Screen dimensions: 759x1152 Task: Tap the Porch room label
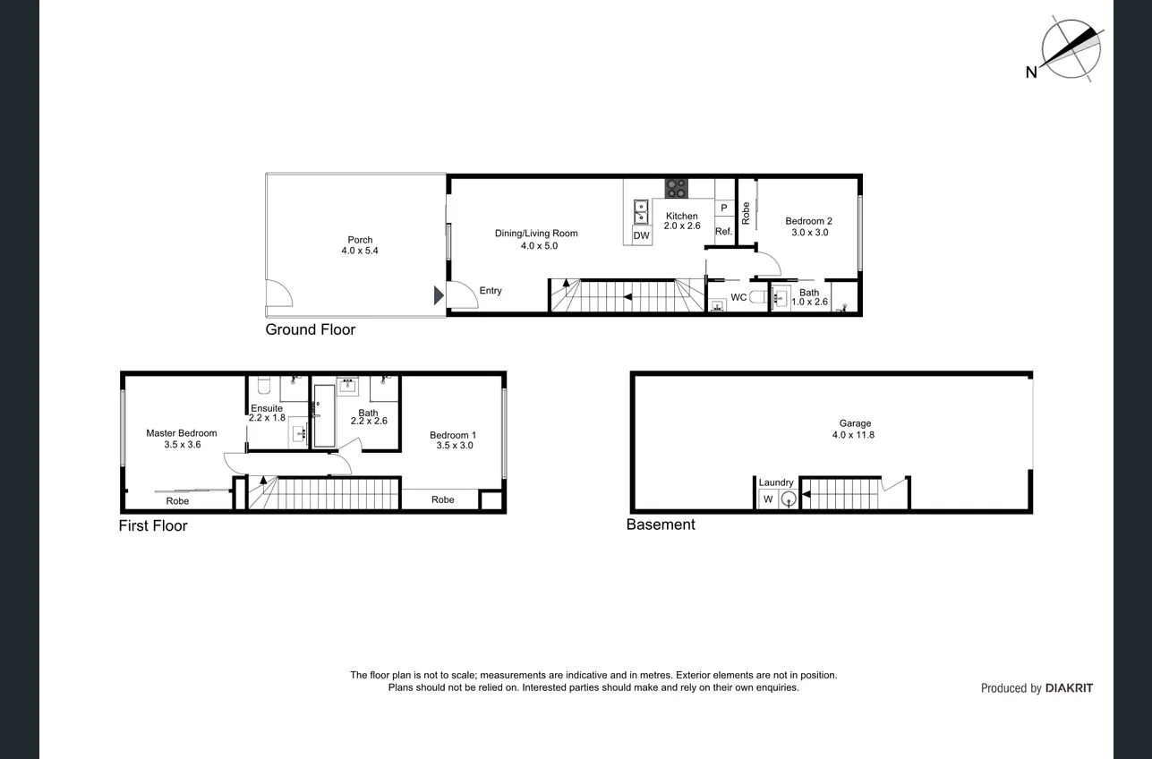[x=360, y=245]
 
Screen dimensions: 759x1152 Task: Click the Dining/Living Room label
[x=536, y=239]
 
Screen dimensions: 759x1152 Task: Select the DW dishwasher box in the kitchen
[x=641, y=235]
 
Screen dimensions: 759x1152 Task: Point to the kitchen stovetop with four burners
[x=677, y=188]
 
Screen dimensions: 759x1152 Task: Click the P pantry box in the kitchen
[x=723, y=208]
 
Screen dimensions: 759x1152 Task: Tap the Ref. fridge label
[x=723, y=232]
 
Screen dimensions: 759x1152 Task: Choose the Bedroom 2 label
[x=808, y=226]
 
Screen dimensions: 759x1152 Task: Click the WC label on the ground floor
[x=738, y=296]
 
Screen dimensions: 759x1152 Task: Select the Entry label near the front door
[x=491, y=291]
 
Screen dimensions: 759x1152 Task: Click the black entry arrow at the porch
[x=438, y=295]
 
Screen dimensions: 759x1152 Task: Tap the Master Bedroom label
[x=182, y=439]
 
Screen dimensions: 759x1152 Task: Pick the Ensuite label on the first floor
[x=266, y=413]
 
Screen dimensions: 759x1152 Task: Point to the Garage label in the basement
[x=855, y=429]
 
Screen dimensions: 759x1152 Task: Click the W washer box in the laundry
[x=767, y=499]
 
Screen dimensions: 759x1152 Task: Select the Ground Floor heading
[x=310, y=329]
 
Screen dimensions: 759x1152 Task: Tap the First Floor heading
[x=153, y=525]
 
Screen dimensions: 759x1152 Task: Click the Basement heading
[x=661, y=524]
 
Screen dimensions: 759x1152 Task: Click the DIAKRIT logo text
[x=1069, y=688]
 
